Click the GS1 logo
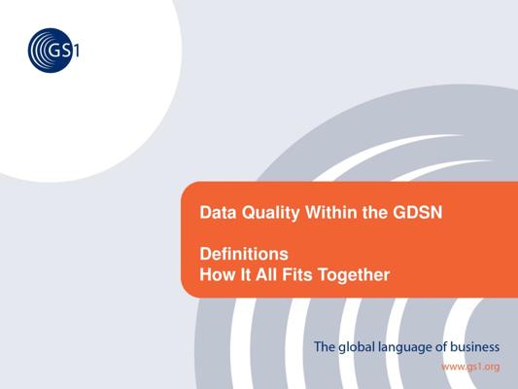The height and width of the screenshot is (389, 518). point(53,51)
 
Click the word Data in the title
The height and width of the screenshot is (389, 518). point(218,212)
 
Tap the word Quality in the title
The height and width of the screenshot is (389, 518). point(270,214)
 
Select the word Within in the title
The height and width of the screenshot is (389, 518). point(331,212)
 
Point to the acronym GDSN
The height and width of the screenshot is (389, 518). point(418,212)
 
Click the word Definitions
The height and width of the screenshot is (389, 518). point(244,254)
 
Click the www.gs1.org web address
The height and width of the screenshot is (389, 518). point(470,367)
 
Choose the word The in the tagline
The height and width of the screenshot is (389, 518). point(325,347)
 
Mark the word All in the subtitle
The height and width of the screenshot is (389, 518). point(266,274)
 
